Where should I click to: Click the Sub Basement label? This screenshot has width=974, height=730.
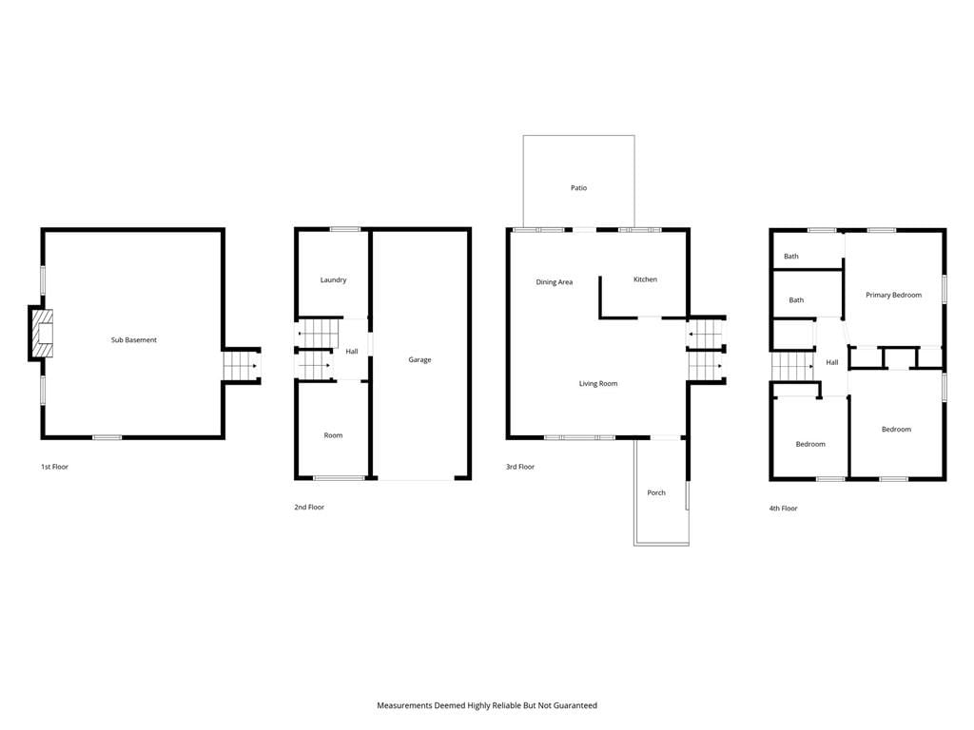click(x=133, y=339)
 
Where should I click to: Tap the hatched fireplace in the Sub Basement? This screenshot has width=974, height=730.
click(x=42, y=334)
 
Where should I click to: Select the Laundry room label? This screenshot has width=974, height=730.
click(x=333, y=280)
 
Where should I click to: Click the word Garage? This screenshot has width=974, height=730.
click(x=419, y=359)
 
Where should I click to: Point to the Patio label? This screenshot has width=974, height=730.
click(x=578, y=187)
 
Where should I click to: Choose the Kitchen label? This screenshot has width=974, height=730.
click(x=645, y=279)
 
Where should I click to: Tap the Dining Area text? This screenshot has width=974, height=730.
click(x=555, y=281)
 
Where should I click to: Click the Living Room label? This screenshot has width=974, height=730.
click(x=598, y=384)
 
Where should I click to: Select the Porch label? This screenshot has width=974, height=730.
click(x=656, y=493)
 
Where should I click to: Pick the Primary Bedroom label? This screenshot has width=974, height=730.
click(x=893, y=295)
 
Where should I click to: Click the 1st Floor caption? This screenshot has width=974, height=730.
click(x=54, y=467)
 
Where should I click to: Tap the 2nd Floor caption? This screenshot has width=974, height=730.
click(x=309, y=508)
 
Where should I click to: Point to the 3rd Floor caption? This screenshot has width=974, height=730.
click(x=520, y=467)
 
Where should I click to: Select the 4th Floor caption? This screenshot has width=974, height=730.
click(x=784, y=509)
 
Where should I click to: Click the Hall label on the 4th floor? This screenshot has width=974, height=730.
click(x=831, y=362)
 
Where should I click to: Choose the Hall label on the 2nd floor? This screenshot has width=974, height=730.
click(x=352, y=352)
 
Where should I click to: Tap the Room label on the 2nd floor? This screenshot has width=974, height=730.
click(x=333, y=435)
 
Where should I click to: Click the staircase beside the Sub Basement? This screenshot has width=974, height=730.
click(x=241, y=366)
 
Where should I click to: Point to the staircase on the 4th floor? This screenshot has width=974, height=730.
click(x=793, y=366)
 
